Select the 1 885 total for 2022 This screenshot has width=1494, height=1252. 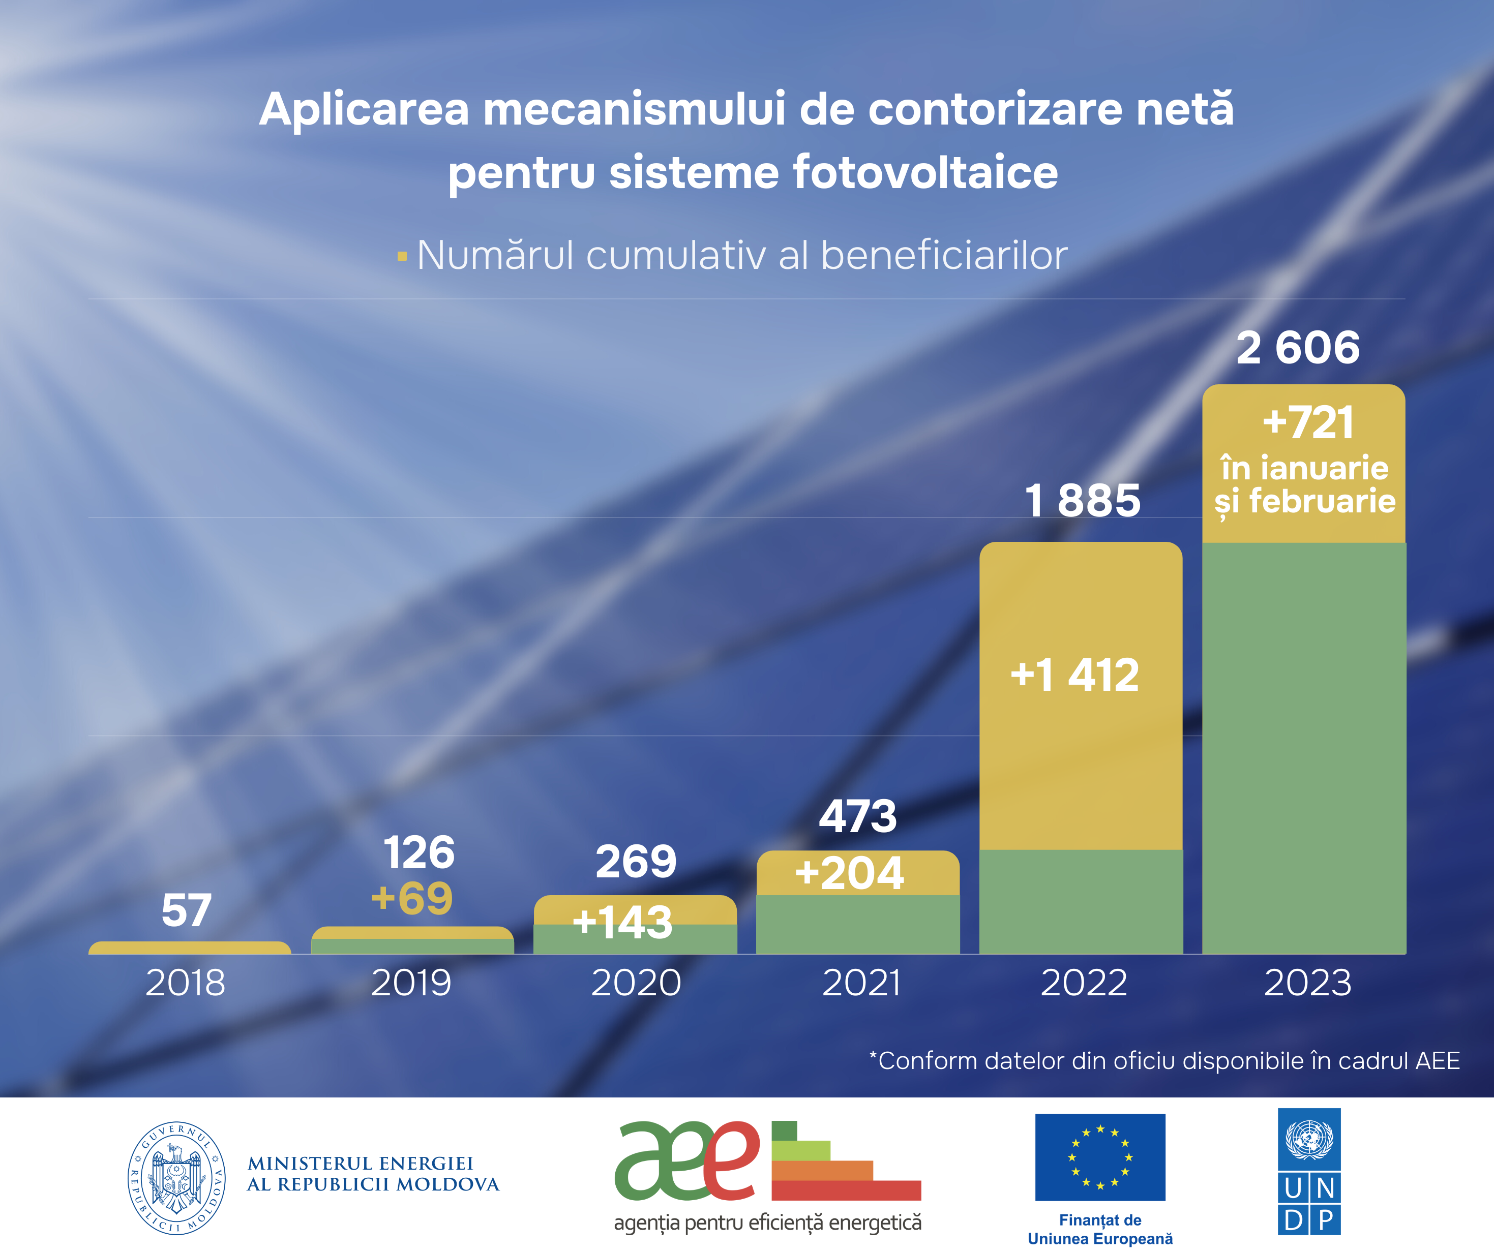click(1082, 500)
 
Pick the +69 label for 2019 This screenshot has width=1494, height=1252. click(412, 898)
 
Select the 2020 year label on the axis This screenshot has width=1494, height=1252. click(636, 983)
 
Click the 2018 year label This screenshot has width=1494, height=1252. click(186, 983)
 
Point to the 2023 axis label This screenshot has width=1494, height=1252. click(1307, 983)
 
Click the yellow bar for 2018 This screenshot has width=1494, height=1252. click(189, 948)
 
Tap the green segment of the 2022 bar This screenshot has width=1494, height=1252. click(1081, 902)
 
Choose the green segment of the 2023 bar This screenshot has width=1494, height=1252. click(1303, 747)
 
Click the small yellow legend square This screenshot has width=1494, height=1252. click(402, 256)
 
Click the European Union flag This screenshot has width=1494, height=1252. click(1100, 1156)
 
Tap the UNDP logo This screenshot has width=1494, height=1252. click(1309, 1171)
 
